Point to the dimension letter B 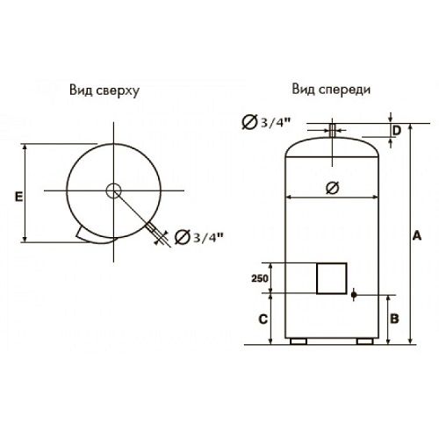tap(396, 318)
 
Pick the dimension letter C tap(263, 319)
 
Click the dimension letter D tap(398, 131)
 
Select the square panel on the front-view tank tap(331, 278)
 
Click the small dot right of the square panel tap(354, 294)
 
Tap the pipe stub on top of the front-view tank tap(333, 131)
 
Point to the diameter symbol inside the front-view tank tap(331, 187)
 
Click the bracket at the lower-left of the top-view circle tap(85, 234)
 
